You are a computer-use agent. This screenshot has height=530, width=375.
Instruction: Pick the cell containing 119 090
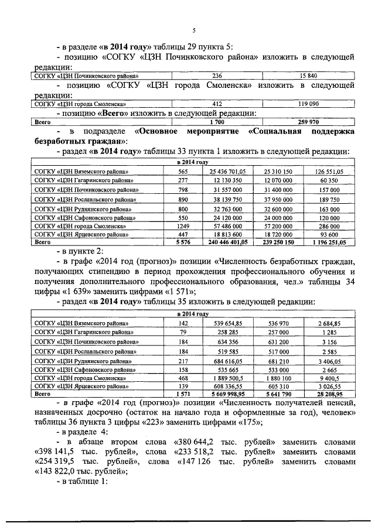click(x=308, y=104)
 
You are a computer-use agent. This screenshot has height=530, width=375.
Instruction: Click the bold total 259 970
click(x=308, y=122)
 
